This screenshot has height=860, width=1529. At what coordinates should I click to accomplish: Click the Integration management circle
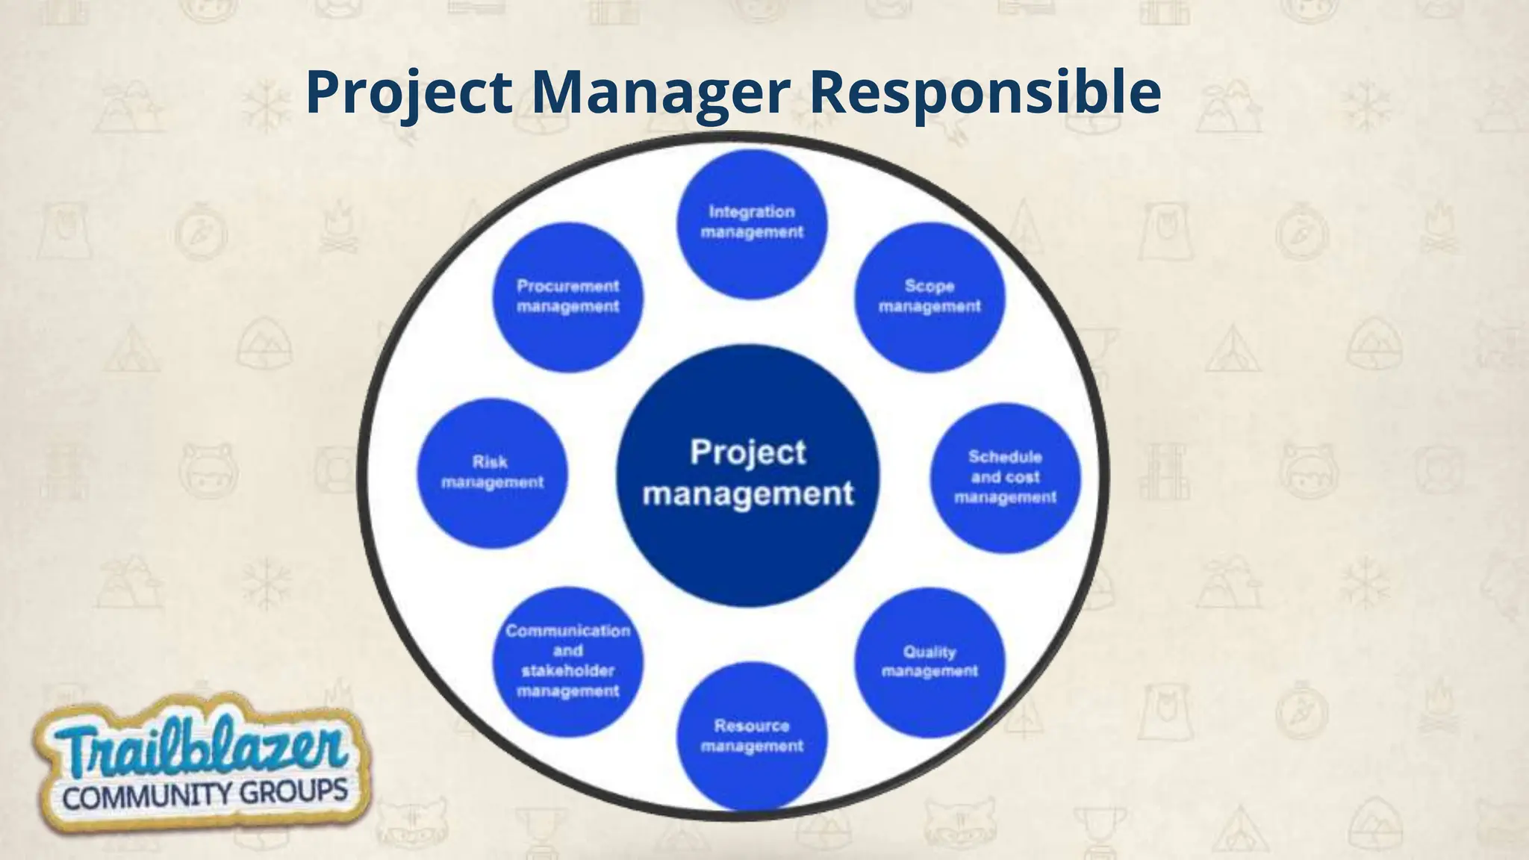[x=752, y=224]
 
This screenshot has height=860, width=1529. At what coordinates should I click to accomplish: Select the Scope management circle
[x=929, y=297]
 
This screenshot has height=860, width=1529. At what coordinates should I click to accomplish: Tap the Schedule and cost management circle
[x=1005, y=478]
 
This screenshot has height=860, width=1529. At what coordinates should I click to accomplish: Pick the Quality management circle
[x=929, y=661]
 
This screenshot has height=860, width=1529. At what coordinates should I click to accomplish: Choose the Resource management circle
[x=752, y=735]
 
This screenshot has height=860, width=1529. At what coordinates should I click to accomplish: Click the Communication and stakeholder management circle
[x=567, y=661]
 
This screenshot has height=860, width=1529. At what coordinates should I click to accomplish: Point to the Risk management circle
[x=492, y=473]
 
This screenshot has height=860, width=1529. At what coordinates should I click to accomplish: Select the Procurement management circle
[x=567, y=297]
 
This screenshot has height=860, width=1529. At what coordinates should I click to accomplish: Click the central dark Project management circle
[x=747, y=475]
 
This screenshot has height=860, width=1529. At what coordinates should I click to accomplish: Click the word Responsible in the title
[x=985, y=93]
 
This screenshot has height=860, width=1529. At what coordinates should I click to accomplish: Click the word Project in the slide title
[x=409, y=93]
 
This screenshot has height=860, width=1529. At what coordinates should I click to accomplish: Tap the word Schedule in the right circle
[x=1005, y=457]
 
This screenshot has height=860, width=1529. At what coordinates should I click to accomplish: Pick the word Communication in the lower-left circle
[x=567, y=631]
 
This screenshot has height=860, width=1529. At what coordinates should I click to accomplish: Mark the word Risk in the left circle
[x=490, y=462]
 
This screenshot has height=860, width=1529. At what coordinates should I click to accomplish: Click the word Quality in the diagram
[x=929, y=652]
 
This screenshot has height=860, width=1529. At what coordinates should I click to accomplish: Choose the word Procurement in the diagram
[x=567, y=287]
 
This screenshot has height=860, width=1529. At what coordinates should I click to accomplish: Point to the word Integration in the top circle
[x=752, y=212]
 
